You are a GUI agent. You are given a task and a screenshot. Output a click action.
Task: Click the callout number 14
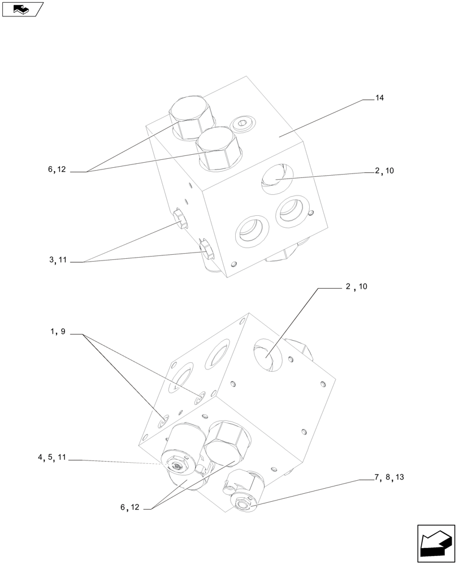pyautogui.click(x=379, y=98)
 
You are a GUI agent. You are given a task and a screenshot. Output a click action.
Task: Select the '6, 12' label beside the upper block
pyautogui.click(x=57, y=169)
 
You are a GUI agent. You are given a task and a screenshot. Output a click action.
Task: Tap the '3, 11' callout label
pyautogui.click(x=58, y=260)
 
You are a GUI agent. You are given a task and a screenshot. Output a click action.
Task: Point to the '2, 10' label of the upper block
pyautogui.click(x=384, y=171)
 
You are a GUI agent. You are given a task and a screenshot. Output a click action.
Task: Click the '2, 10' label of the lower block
pyautogui.click(x=356, y=286)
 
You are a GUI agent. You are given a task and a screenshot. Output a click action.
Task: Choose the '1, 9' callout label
pyautogui.click(x=58, y=332)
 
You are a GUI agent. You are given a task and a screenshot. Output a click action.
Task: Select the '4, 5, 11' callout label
pyautogui.click(x=52, y=458)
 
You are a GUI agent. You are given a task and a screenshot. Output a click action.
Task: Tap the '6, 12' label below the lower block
pyautogui.click(x=129, y=507)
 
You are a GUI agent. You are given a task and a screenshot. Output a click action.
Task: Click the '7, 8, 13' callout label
pyautogui.click(x=388, y=477)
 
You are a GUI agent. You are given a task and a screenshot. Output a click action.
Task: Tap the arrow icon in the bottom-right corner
pyautogui.click(x=436, y=544)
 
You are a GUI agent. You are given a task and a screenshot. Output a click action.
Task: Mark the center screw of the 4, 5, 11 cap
pyautogui.click(x=177, y=466)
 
